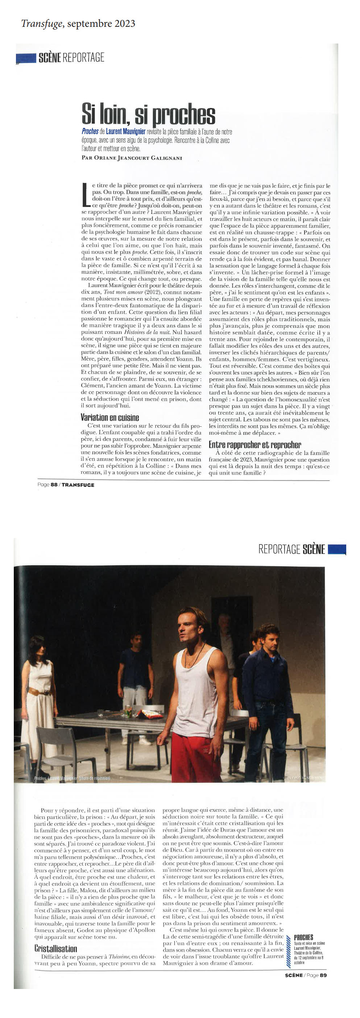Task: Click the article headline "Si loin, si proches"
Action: coord(148,114)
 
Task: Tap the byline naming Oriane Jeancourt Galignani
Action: coord(132,158)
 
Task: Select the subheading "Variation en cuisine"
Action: coord(109,417)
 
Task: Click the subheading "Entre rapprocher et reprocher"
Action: coord(255,444)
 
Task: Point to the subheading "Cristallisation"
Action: coord(55,948)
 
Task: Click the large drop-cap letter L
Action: coord(85,194)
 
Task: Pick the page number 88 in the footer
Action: coord(54,485)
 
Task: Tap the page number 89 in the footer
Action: coord(323,975)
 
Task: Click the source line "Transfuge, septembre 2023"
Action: coord(78,24)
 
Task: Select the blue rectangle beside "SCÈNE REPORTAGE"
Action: coord(26,58)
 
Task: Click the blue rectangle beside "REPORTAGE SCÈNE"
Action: coord(337,549)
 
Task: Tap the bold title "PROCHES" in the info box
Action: coord(303,938)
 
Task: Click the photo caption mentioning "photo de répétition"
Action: coord(72,778)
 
